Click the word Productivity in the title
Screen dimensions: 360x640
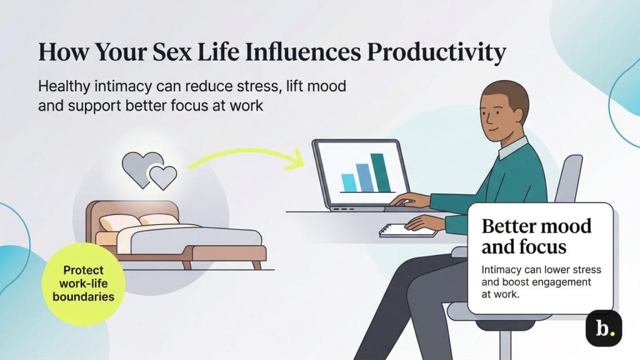(436, 52)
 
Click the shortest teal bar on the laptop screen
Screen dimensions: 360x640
(347, 183)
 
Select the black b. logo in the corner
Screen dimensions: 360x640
(603, 327)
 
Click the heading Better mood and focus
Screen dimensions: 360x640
(536, 236)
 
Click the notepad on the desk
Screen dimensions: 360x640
(407, 229)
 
